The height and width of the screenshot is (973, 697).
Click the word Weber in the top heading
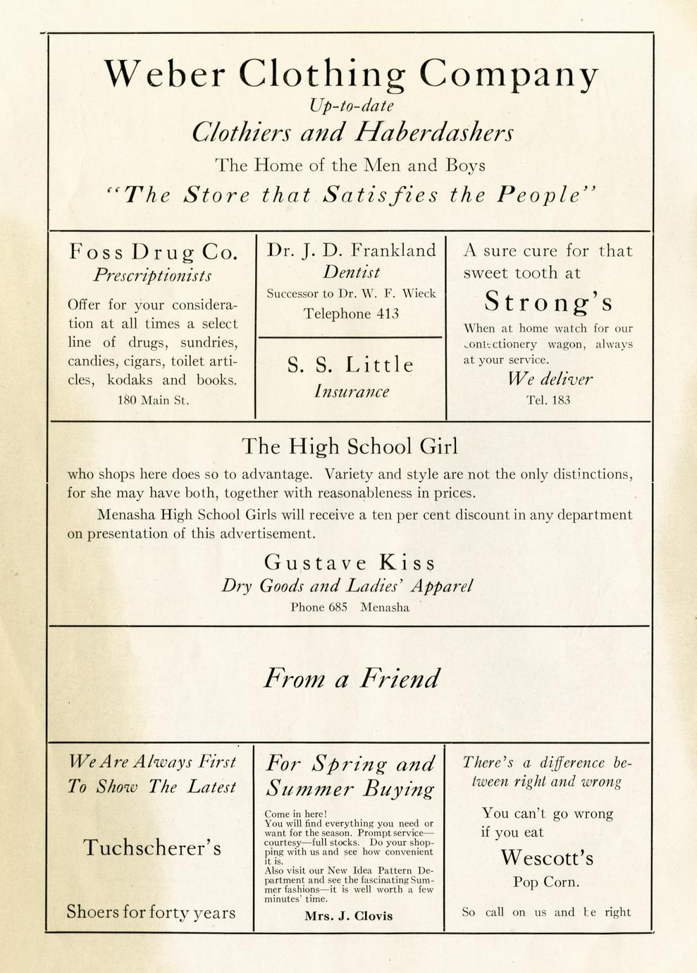tap(165, 73)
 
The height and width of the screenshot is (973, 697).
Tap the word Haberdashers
tap(434, 133)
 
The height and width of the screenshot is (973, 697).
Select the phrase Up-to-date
tap(351, 106)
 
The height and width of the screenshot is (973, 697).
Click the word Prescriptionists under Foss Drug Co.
tap(152, 275)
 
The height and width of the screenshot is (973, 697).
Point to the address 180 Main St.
tap(153, 400)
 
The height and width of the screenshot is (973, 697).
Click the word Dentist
tap(351, 272)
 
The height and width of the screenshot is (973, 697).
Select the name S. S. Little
tap(350, 365)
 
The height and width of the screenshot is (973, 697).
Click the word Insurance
tap(351, 391)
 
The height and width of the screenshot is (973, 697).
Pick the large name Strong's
tap(548, 302)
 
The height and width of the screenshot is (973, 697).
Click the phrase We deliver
tap(550, 379)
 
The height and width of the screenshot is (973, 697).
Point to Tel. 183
tap(548, 400)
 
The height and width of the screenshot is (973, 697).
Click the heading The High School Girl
tap(350, 446)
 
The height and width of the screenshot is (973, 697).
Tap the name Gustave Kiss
tap(350, 563)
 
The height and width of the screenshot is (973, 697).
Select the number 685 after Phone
tap(338, 607)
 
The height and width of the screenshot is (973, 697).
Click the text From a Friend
tap(351, 679)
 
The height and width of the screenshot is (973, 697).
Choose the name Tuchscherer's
tap(152, 847)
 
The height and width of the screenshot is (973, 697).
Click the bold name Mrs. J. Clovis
tap(349, 916)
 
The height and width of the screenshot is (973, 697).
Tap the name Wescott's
tap(547, 858)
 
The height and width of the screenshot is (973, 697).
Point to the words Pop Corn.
tap(547, 882)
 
